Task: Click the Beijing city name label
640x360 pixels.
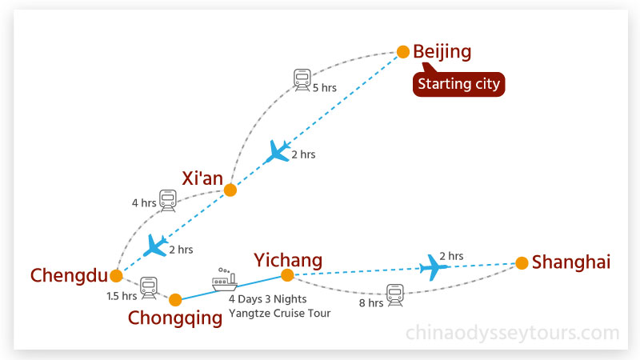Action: pyautogui.click(x=442, y=53)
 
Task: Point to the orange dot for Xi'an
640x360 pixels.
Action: pyautogui.click(x=230, y=190)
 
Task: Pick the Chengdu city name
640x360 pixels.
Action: pyautogui.click(x=69, y=276)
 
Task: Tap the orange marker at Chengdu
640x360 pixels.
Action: pyautogui.click(x=117, y=276)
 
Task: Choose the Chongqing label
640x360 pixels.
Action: pyautogui.click(x=175, y=318)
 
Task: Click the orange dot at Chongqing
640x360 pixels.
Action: pyautogui.click(x=176, y=301)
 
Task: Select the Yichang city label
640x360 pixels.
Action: pyautogui.click(x=288, y=260)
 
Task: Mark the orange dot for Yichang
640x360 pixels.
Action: pyautogui.click(x=287, y=276)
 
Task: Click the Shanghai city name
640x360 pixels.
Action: pyautogui.click(x=571, y=262)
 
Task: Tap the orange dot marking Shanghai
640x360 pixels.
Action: pyautogui.click(x=522, y=262)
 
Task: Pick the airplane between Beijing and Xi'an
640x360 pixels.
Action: pyautogui.click(x=278, y=151)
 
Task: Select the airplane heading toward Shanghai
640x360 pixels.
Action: pyautogui.click(x=434, y=267)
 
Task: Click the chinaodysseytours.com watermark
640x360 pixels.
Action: pyautogui.click(x=512, y=332)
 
